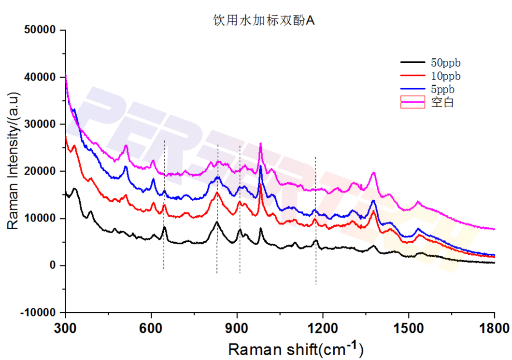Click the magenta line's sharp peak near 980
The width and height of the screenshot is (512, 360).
point(261,143)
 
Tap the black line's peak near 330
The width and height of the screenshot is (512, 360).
point(75,188)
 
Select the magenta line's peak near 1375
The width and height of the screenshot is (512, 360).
point(373,172)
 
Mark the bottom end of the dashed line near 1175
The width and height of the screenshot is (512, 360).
point(316,284)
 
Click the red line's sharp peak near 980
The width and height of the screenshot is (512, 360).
point(261,185)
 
